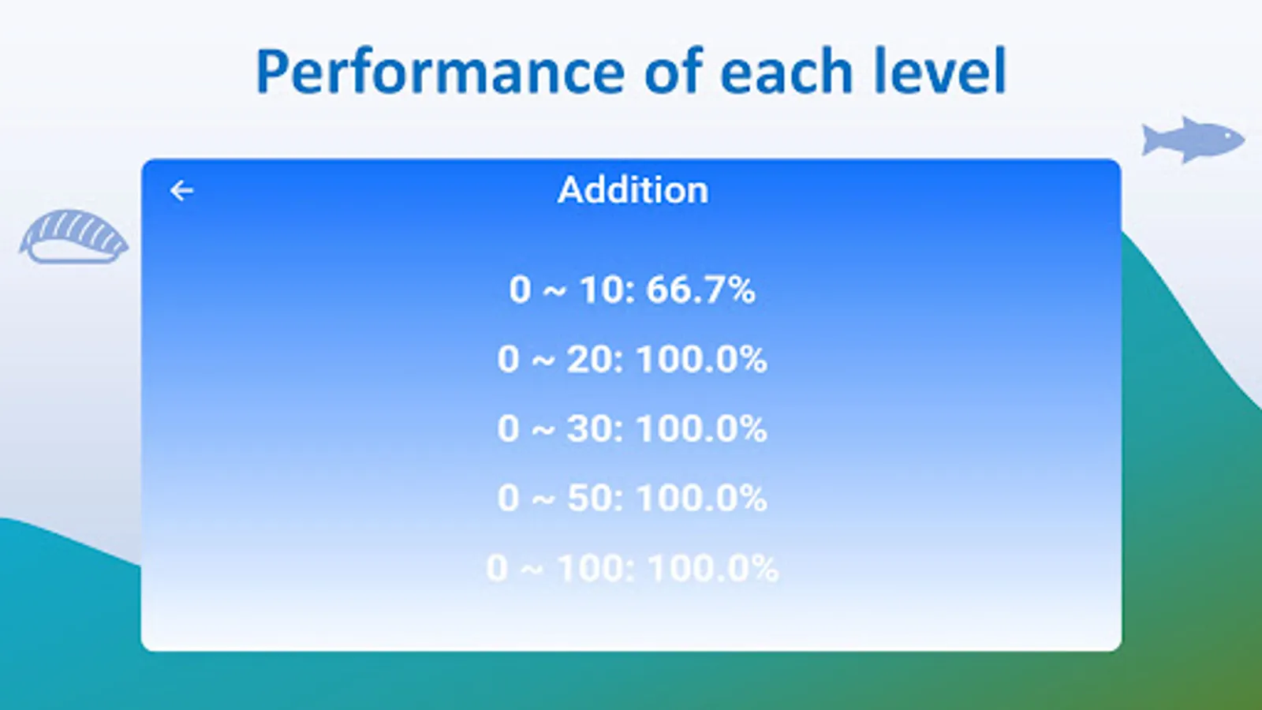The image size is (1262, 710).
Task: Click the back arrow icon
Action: coord(181,190)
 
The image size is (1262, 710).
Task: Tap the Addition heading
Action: coord(633,190)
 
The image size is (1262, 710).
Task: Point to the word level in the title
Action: coord(939,71)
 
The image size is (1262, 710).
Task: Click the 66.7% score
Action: coord(700,290)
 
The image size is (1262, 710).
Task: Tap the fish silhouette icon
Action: coord(1193,140)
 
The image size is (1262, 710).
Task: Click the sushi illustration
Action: coord(74,236)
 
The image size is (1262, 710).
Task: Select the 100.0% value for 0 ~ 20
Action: coord(702,359)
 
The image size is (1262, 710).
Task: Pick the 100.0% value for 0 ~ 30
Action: coord(702,428)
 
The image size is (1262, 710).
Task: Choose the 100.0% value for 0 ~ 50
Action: coord(702,498)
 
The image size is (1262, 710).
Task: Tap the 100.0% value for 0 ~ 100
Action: coord(713,567)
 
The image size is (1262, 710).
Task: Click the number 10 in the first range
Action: coord(599,290)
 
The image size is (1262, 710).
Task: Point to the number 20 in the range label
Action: coord(588,359)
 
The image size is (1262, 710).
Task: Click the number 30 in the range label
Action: coord(588,428)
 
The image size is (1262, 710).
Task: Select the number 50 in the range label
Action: coord(588,498)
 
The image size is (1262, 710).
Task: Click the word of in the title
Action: coord(674,71)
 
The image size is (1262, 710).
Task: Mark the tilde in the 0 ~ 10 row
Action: coord(554,292)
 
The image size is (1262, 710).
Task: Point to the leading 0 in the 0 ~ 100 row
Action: coord(496,568)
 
